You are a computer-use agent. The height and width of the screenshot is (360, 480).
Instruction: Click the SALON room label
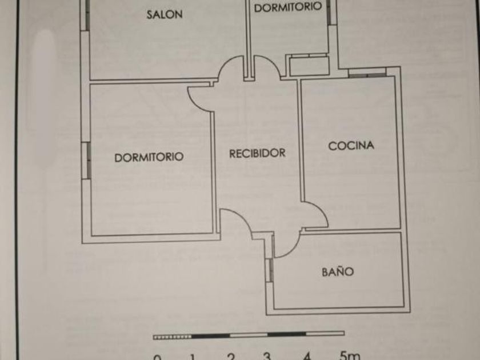(x=165, y=15)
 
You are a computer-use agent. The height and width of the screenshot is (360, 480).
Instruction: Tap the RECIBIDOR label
(x=257, y=153)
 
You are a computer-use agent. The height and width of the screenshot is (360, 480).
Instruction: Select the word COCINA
(x=351, y=146)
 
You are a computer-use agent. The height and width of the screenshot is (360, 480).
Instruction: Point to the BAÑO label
(x=337, y=272)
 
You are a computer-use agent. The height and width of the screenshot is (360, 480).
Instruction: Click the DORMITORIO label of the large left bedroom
(x=149, y=157)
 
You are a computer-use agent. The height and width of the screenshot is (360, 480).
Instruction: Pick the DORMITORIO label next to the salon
(x=288, y=7)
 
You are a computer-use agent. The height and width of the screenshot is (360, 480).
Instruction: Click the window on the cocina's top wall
(x=366, y=73)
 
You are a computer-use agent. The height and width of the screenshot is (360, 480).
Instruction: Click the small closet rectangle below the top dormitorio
(x=309, y=65)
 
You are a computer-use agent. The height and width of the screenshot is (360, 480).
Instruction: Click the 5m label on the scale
(x=349, y=355)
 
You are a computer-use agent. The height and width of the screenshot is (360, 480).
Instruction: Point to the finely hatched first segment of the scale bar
(x=172, y=337)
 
